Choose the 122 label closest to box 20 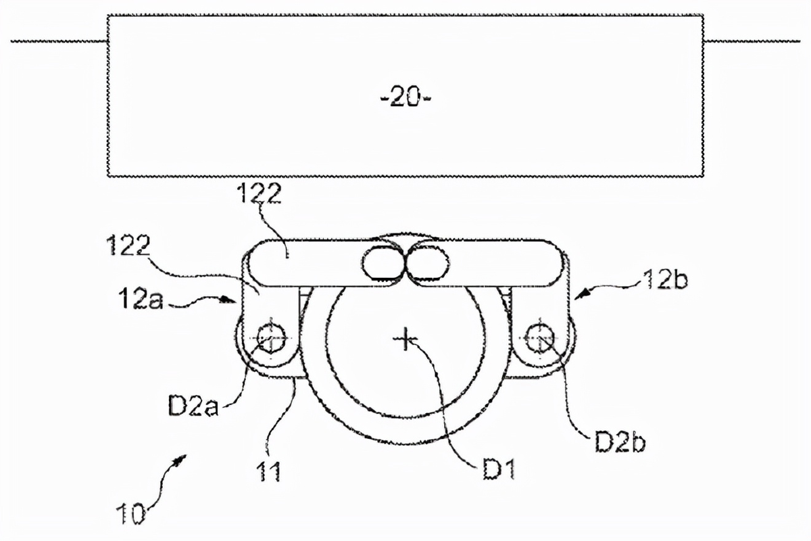(x=260, y=194)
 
